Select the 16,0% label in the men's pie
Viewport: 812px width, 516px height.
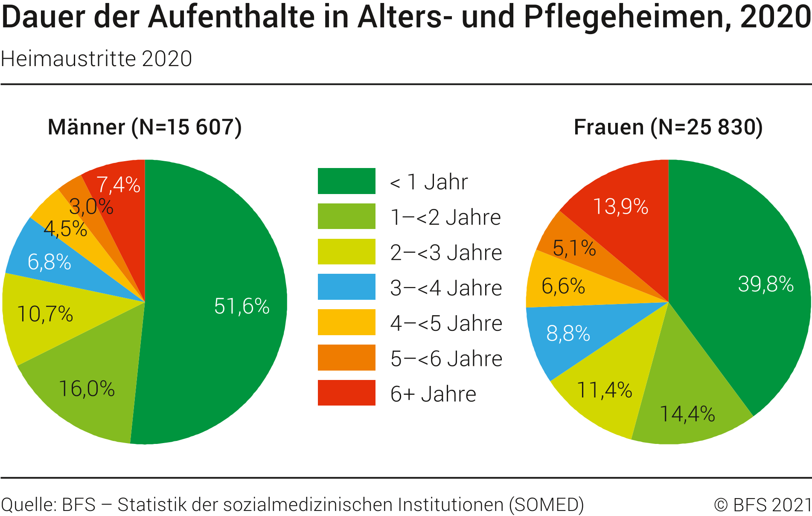(x=87, y=389)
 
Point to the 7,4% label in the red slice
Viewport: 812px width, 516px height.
(x=118, y=185)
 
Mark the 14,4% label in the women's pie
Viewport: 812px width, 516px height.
(x=687, y=414)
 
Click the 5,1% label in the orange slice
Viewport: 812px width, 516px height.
(x=574, y=248)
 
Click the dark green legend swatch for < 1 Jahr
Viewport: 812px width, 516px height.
(x=346, y=181)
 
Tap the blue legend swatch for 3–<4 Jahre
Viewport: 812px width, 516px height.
(x=346, y=287)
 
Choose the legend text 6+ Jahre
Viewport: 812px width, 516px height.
(x=433, y=394)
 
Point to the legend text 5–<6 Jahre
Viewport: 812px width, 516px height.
(x=446, y=358)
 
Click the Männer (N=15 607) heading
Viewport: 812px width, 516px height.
(x=145, y=127)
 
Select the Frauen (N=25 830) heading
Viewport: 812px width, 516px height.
(x=668, y=127)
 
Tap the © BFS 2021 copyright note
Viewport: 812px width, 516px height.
(x=763, y=504)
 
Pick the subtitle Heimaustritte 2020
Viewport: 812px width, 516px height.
(x=96, y=59)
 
